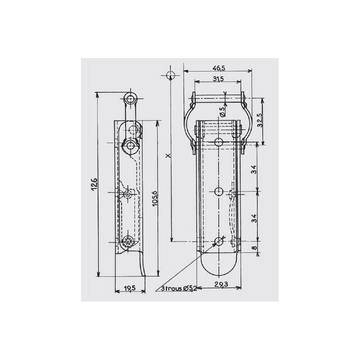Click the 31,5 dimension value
(x=218, y=79)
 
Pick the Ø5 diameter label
(x=222, y=112)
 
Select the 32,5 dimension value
(x=260, y=121)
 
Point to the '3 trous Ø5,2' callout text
(x=180, y=288)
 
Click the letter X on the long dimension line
(x=168, y=156)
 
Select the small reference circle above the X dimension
(x=170, y=74)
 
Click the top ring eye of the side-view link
(x=131, y=99)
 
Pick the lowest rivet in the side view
(x=130, y=241)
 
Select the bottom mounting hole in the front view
(x=218, y=241)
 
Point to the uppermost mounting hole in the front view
(x=218, y=143)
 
